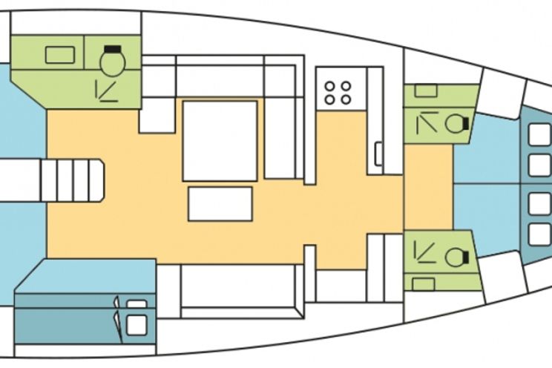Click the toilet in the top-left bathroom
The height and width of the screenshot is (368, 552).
point(113,64)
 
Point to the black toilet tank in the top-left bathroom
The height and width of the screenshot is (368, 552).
point(113,50)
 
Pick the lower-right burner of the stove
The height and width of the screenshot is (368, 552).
point(346,99)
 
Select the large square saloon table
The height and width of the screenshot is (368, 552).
point(220,141)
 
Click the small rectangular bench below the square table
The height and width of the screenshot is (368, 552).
point(220,203)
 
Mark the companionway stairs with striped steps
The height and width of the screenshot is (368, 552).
point(72,180)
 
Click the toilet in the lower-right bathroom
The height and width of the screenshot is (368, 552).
point(453,256)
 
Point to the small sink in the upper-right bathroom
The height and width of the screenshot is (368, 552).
point(426,91)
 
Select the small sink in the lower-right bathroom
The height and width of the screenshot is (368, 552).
point(424,284)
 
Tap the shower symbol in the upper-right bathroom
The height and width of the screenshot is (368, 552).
point(426,122)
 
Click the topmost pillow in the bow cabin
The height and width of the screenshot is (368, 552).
point(539,134)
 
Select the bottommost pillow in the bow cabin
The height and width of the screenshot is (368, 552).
point(539,234)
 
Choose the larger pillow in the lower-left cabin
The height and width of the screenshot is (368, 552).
point(136,324)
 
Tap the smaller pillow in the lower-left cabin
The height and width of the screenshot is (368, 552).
point(137,303)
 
